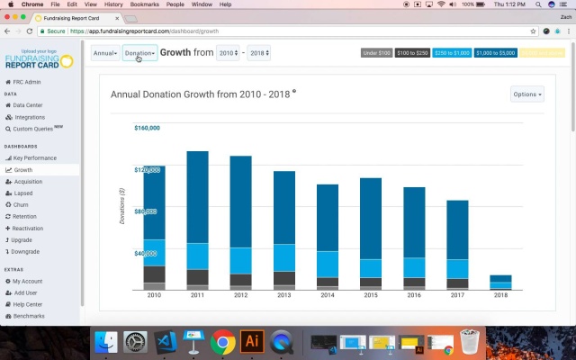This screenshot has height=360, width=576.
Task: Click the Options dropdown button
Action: click(526, 94)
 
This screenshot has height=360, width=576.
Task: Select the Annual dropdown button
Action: click(104, 53)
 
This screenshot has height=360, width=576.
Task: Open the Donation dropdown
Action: click(139, 53)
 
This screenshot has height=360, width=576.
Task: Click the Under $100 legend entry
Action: click(376, 53)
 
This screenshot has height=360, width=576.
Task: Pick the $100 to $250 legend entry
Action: click(412, 53)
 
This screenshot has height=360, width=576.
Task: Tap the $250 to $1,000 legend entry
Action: click(452, 53)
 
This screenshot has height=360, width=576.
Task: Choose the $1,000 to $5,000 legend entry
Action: click(495, 53)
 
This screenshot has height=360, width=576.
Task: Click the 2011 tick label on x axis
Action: click(197, 295)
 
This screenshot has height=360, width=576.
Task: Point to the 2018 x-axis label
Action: click(500, 295)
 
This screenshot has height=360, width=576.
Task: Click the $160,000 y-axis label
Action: click(147, 128)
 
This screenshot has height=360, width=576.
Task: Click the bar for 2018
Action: click(500, 282)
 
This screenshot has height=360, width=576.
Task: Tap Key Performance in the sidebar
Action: click(34, 158)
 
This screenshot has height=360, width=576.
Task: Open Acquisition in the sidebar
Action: click(27, 182)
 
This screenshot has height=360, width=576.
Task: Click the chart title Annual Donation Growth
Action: click(200, 94)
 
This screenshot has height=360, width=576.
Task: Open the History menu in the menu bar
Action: click(113, 4)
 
